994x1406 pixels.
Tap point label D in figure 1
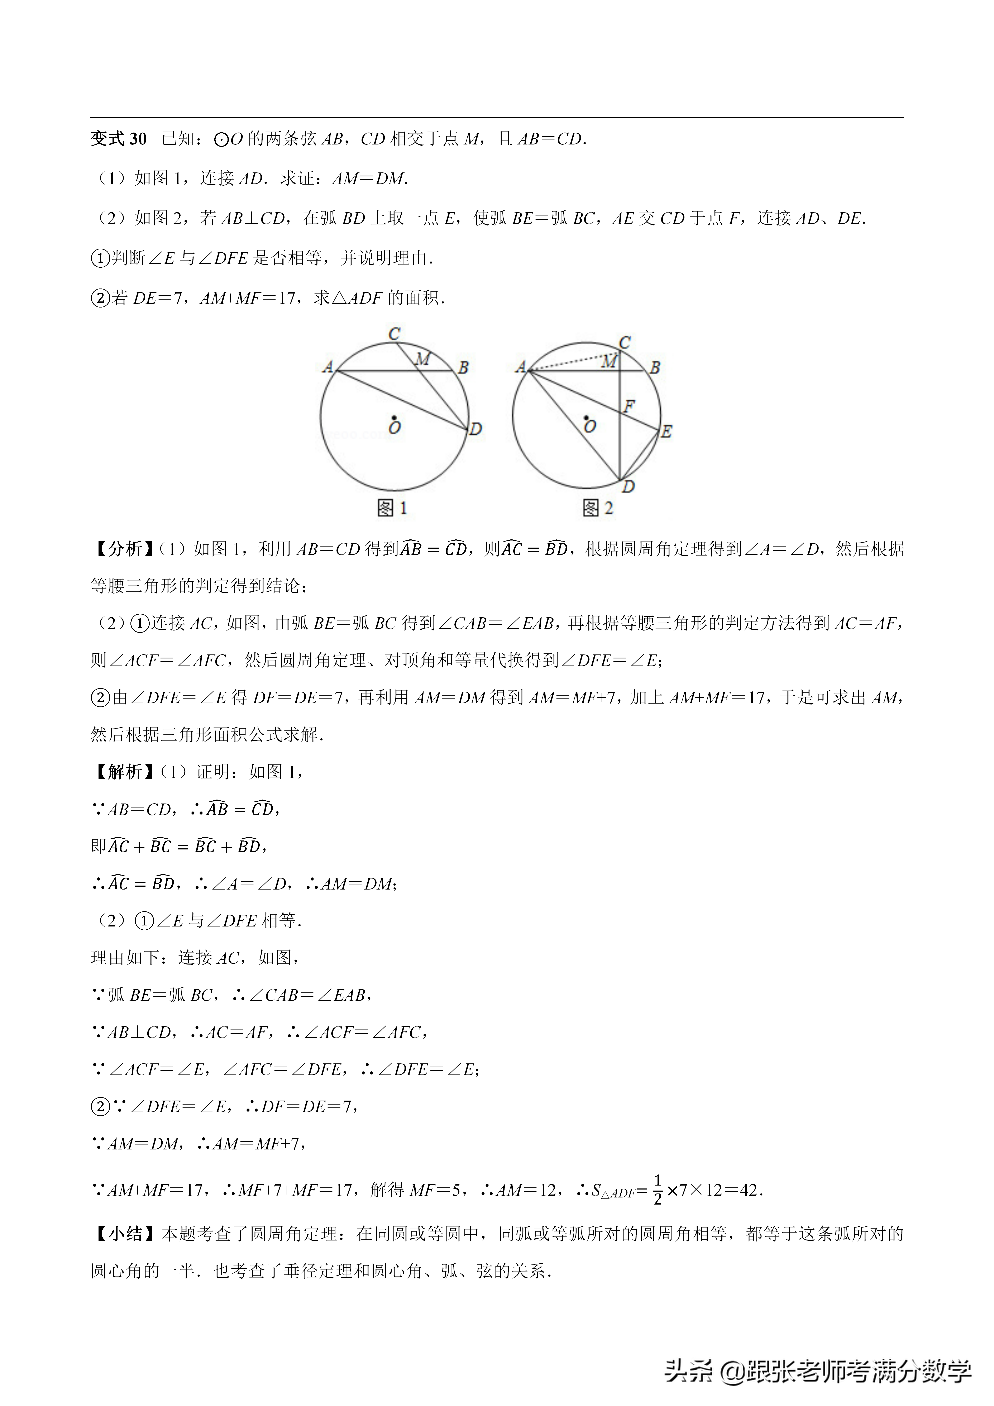point(476,429)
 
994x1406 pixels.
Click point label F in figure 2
point(629,405)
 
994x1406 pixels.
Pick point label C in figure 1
point(395,334)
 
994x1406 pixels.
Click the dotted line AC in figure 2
point(570,363)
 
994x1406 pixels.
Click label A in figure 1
point(328,367)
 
